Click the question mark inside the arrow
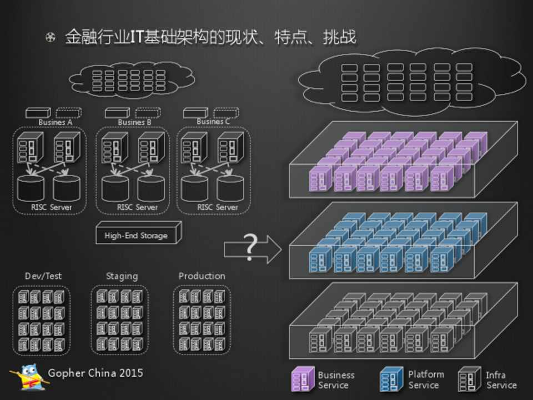(x=251, y=248)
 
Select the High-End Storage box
(x=136, y=235)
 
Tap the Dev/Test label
(x=43, y=276)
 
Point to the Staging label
(x=122, y=276)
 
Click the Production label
(x=202, y=276)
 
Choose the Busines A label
(x=56, y=122)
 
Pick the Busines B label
(x=134, y=122)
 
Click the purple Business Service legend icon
(x=302, y=379)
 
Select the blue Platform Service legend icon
(x=391, y=379)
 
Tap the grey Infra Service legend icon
(x=470, y=379)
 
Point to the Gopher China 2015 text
(x=95, y=373)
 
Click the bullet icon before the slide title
(x=51, y=38)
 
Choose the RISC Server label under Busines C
(x=218, y=207)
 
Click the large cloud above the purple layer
(x=411, y=82)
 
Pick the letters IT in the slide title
(x=137, y=37)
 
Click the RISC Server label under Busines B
(x=137, y=207)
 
